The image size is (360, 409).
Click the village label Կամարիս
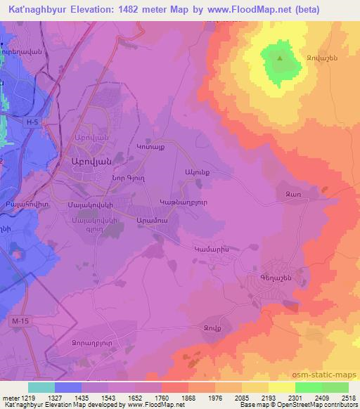point(212,248)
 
